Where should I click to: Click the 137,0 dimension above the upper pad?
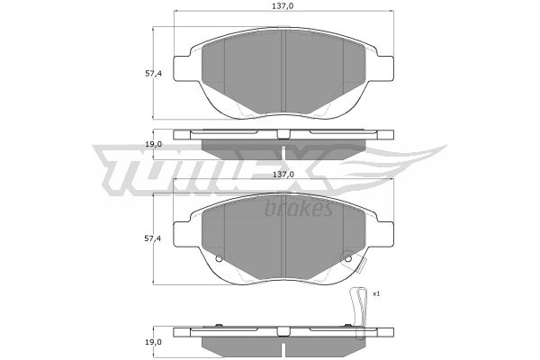click(x=283, y=6)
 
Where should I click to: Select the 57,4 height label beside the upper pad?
click(x=153, y=74)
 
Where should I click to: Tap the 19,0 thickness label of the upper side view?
click(x=153, y=144)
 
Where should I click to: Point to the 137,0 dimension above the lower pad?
click(x=283, y=175)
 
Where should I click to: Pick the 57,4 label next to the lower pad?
click(x=153, y=238)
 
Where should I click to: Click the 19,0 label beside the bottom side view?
click(x=153, y=342)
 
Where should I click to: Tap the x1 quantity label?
click(x=376, y=294)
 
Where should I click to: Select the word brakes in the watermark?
click(x=299, y=209)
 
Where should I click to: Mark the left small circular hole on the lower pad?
click(x=219, y=258)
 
